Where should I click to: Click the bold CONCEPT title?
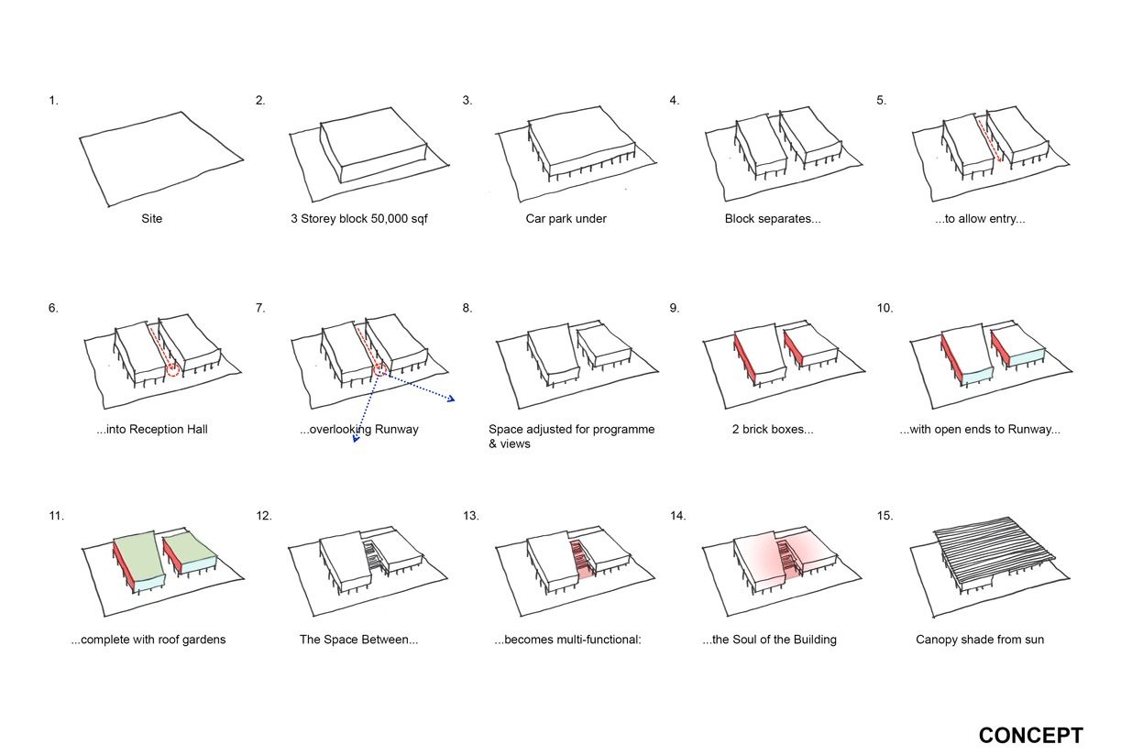(x=1030, y=735)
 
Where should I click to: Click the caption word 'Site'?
(x=152, y=219)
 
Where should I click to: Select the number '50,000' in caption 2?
(x=385, y=219)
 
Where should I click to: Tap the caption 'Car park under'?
(x=566, y=219)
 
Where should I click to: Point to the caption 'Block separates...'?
(x=772, y=219)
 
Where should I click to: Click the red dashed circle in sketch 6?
(x=173, y=369)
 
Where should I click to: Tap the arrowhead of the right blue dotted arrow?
(x=452, y=399)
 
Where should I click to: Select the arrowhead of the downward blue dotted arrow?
(x=355, y=440)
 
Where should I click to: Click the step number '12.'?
(x=263, y=516)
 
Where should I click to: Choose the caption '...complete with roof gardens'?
(x=148, y=640)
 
